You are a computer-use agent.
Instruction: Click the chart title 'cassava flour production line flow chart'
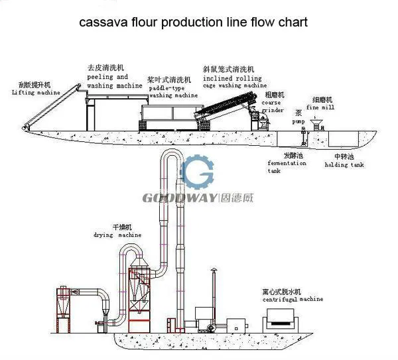(x=193, y=23)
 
